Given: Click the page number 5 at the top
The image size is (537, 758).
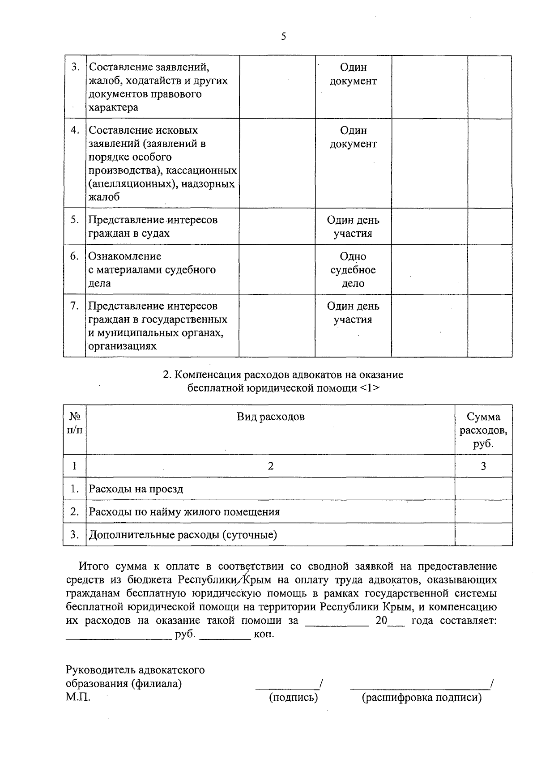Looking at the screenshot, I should pos(283,37).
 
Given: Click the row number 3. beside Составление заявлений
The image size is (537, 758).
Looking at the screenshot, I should pos(75,67).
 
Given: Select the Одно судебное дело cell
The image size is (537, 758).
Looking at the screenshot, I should pos(353,269).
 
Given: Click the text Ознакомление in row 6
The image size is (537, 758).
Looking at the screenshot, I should pos(124,256).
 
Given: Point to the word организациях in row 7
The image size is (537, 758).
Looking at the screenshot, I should pos(123,346).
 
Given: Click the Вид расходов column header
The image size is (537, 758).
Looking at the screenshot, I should pos(270,417).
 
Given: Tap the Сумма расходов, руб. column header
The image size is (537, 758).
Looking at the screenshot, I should pos(483,430).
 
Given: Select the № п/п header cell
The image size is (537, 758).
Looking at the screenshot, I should pos(75,423).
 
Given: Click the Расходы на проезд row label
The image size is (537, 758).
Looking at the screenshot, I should pos(136,489).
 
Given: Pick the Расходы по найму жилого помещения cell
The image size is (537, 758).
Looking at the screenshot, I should pos(184,511).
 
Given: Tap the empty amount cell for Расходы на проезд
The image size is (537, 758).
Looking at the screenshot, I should pos(483,489).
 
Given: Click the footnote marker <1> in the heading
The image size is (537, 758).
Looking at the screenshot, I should pos(370,388).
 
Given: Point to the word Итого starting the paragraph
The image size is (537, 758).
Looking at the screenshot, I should pos(94,566).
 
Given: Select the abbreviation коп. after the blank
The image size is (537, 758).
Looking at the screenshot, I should pos(264,635).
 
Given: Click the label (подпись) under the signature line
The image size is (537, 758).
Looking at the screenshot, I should pos(293,697).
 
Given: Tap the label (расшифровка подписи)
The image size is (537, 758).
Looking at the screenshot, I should pos(422,697).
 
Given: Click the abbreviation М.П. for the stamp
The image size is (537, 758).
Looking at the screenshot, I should pos(78,697).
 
